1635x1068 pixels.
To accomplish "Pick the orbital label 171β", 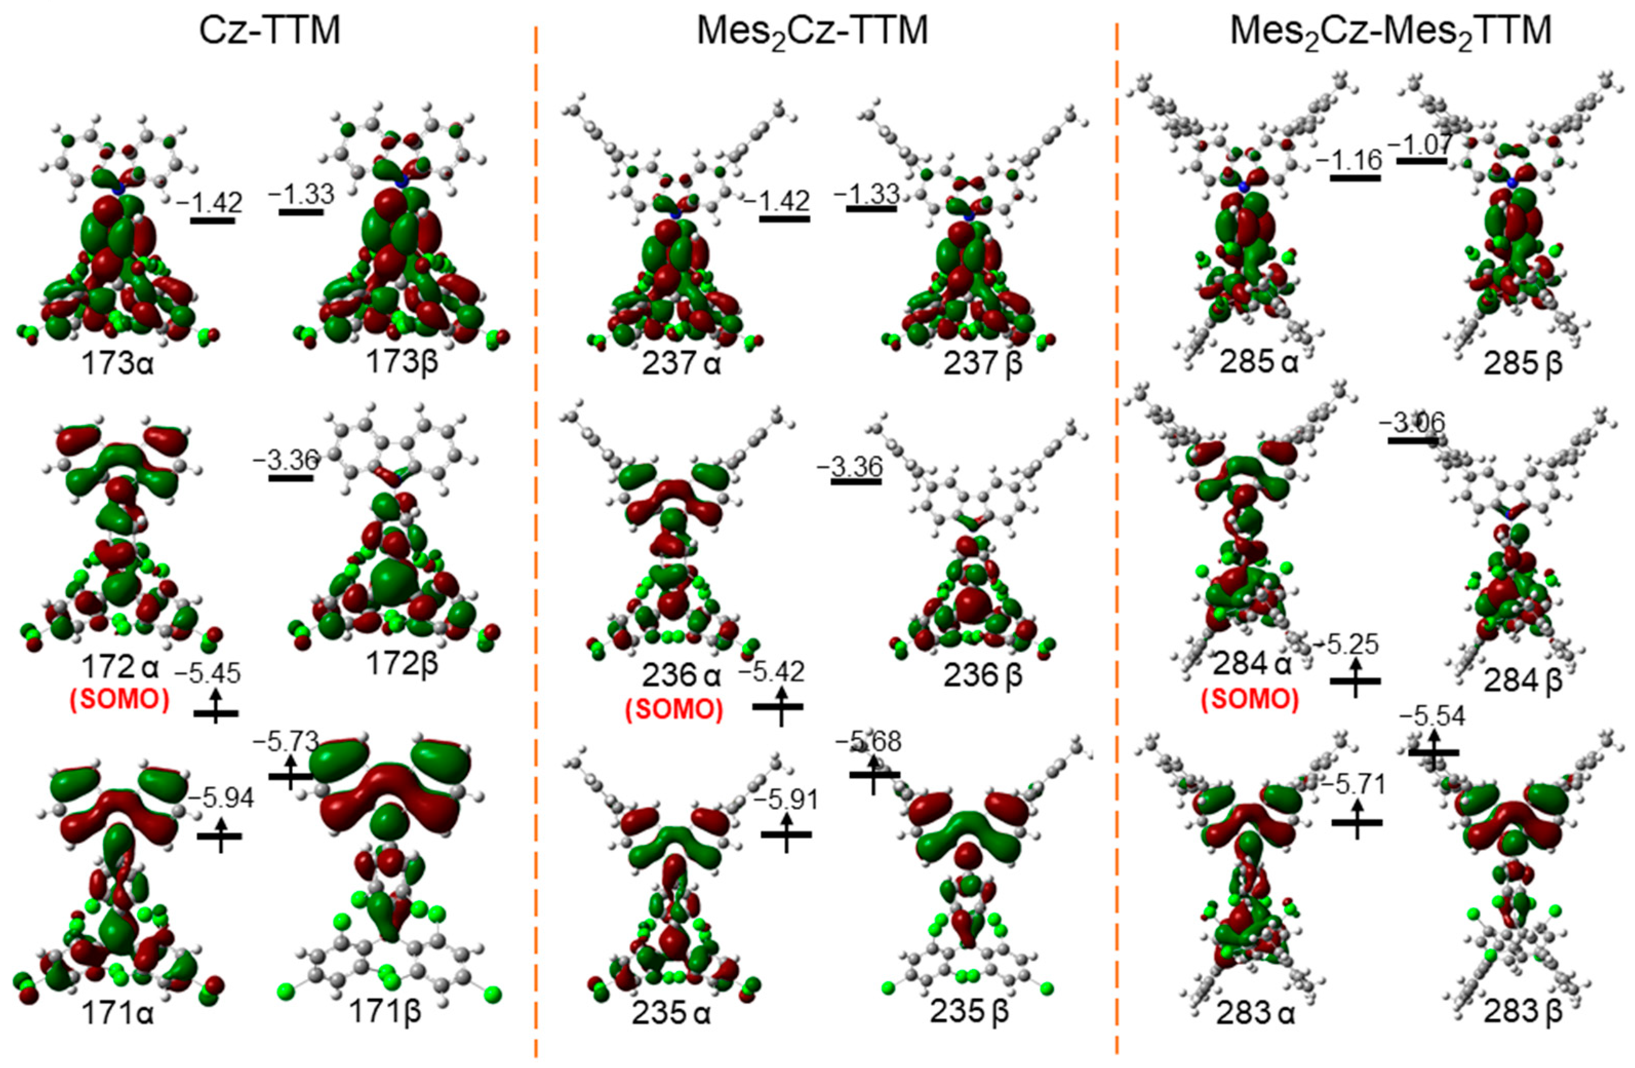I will tap(385, 1013).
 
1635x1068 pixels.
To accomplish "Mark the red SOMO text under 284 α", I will tap(1250, 699).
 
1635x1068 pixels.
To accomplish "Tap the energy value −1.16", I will tap(1348, 161).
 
